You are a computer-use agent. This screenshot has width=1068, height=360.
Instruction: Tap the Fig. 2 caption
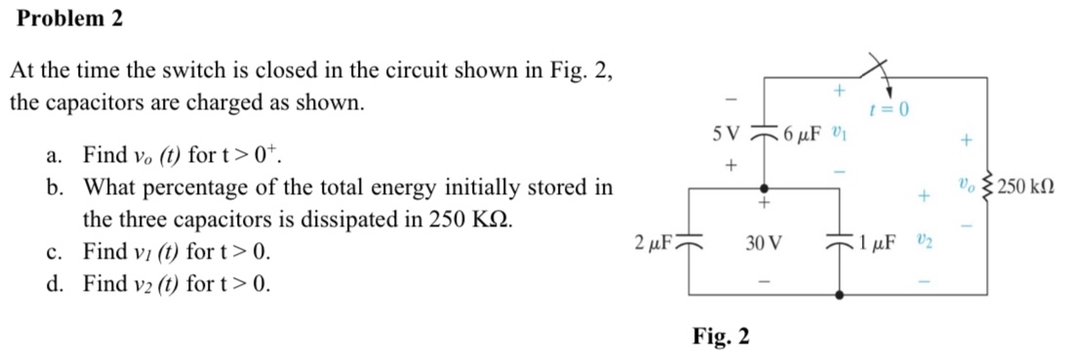click(722, 338)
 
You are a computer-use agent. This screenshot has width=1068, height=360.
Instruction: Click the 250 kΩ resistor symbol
click(994, 186)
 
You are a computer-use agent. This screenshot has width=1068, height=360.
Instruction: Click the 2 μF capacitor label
click(649, 241)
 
